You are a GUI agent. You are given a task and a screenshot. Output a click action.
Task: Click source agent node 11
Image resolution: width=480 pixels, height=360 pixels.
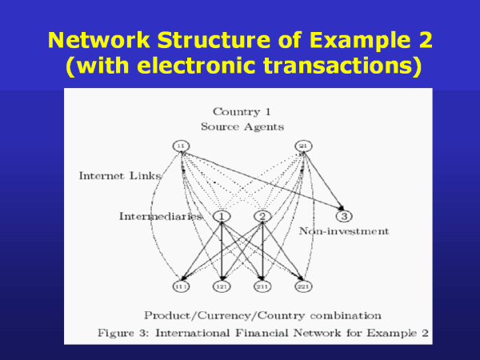181,146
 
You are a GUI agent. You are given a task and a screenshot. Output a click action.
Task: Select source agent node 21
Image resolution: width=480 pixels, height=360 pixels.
304,146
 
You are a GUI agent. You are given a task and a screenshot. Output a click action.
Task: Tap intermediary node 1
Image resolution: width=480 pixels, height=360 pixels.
222,216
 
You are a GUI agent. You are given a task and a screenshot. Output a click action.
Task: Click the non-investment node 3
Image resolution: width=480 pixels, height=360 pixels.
344,216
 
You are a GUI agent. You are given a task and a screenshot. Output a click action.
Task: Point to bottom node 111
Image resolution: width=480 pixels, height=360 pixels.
181,285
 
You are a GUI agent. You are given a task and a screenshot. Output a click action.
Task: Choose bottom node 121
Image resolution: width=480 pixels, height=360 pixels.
222,285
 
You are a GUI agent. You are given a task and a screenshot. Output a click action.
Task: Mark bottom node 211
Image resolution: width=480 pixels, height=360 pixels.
262,285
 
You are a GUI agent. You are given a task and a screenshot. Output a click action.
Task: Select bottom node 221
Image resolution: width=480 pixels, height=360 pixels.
303,285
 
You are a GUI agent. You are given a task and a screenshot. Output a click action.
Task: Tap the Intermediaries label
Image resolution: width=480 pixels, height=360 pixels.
158,216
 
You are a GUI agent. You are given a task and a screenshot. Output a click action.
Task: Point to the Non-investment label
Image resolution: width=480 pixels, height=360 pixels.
344,231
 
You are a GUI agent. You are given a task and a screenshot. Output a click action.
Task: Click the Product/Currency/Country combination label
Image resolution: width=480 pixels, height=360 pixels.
262,314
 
